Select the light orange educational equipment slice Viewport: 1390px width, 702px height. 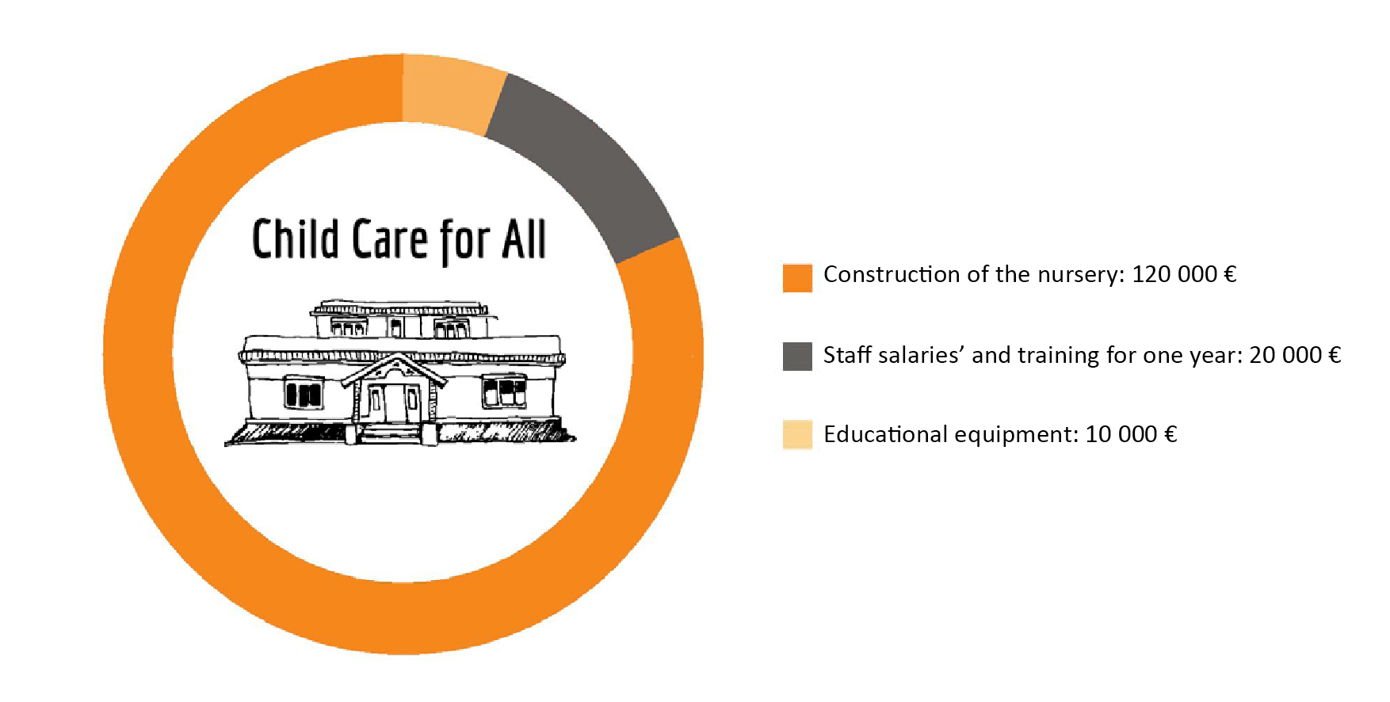452,91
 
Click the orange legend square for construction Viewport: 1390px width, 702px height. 797,277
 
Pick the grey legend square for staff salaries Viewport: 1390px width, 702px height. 797,357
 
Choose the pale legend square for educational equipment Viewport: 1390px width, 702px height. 797,435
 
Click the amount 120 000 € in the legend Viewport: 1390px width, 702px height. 1184,274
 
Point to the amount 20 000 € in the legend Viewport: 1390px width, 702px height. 1295,355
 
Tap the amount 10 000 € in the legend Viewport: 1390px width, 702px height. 1131,434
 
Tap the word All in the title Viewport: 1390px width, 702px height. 524,238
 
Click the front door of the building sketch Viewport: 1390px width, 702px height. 394,403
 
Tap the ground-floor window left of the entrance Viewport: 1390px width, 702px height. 304,393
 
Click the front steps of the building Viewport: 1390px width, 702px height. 391,433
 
